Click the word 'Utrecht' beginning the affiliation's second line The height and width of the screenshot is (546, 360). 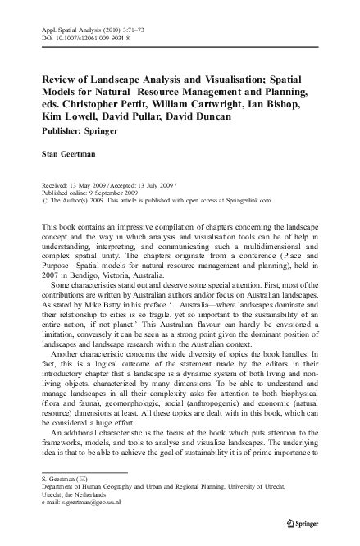tap(53, 494)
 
